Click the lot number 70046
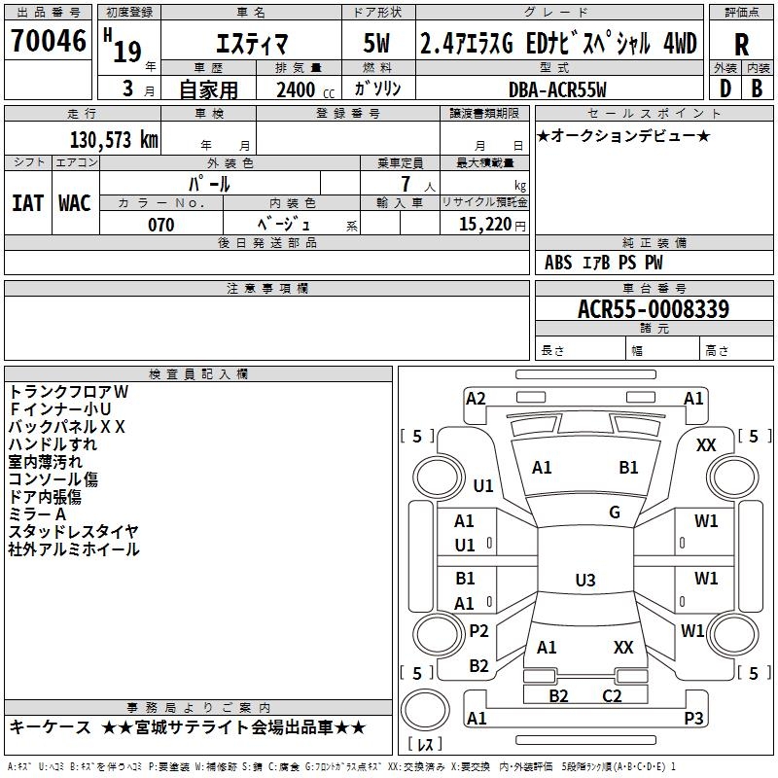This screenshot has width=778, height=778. pos(49,40)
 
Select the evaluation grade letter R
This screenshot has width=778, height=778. pos(741,45)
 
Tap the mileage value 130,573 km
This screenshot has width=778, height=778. pos(114,140)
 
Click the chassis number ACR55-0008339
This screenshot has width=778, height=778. pos(654,308)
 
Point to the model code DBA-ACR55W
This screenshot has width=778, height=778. pos(557,89)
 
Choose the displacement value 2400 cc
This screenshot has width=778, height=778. pos(305,89)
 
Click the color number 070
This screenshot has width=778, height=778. pos(161,225)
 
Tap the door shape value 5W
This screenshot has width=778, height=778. pos(376,43)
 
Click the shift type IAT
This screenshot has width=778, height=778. pos(28,203)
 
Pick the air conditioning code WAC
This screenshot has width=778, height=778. pos(75,203)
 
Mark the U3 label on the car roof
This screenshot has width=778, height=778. pos(585,580)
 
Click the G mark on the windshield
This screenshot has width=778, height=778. pos(615,512)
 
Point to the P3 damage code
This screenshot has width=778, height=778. pos(693,718)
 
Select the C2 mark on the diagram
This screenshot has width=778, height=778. pos(612,695)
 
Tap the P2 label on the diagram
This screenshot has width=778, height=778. pos(478,630)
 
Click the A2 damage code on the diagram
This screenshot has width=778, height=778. pos(476,399)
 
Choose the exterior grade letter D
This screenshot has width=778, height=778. pos(725,88)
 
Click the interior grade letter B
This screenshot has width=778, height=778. pos(757,88)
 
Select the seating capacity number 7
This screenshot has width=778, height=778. pos(406,184)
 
